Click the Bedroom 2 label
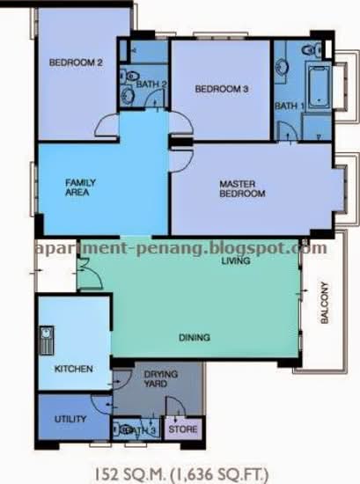pyautogui.click(x=76, y=62)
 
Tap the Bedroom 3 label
pyautogui.click(x=222, y=89)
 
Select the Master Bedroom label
pyautogui.click(x=242, y=188)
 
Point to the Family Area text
pyautogui.click(x=80, y=187)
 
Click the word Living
pyautogui.click(x=236, y=260)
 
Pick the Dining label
pyautogui.click(x=195, y=337)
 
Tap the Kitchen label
pyautogui.click(x=73, y=369)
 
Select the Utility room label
pyautogui.click(x=70, y=419)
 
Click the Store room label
pyautogui.click(x=183, y=429)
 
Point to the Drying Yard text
pyautogui.click(x=161, y=378)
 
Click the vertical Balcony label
pyautogui.click(x=324, y=303)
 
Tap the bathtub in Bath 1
pyautogui.click(x=319, y=84)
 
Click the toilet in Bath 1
pyautogui.click(x=312, y=50)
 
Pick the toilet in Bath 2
pyautogui.click(x=130, y=76)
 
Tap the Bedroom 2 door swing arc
pyautogui.click(x=106, y=124)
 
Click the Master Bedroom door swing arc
pyautogui.click(x=182, y=160)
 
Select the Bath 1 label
pyautogui.click(x=290, y=106)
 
